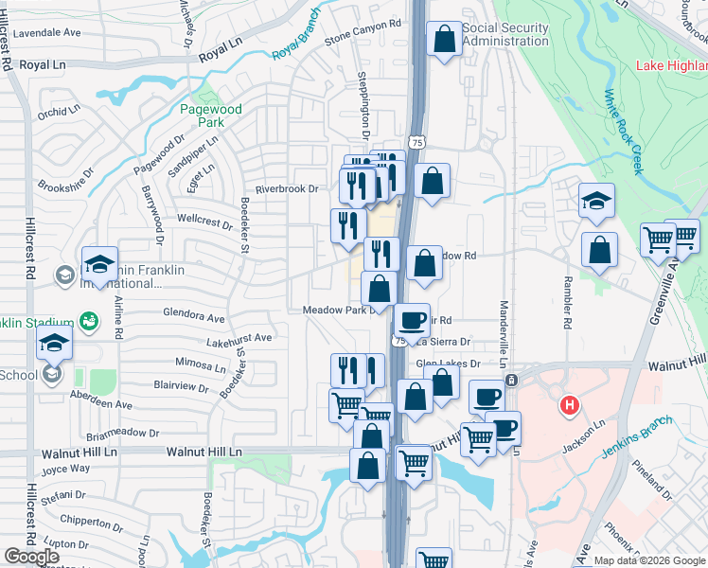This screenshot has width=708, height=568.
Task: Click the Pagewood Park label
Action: click(211, 115)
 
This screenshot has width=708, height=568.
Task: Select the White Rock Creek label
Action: click(624, 132)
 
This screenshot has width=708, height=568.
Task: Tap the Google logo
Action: click(31, 557)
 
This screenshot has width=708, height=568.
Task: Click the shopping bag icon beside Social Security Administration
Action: click(444, 40)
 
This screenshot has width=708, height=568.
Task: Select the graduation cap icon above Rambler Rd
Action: click(597, 200)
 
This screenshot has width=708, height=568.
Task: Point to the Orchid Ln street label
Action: click(60, 113)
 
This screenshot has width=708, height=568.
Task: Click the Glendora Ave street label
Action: click(194, 318)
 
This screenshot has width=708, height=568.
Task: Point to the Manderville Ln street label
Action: click(504, 328)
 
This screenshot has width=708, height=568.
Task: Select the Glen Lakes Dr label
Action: click(448, 363)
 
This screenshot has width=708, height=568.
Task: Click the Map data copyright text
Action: click(649, 560)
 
